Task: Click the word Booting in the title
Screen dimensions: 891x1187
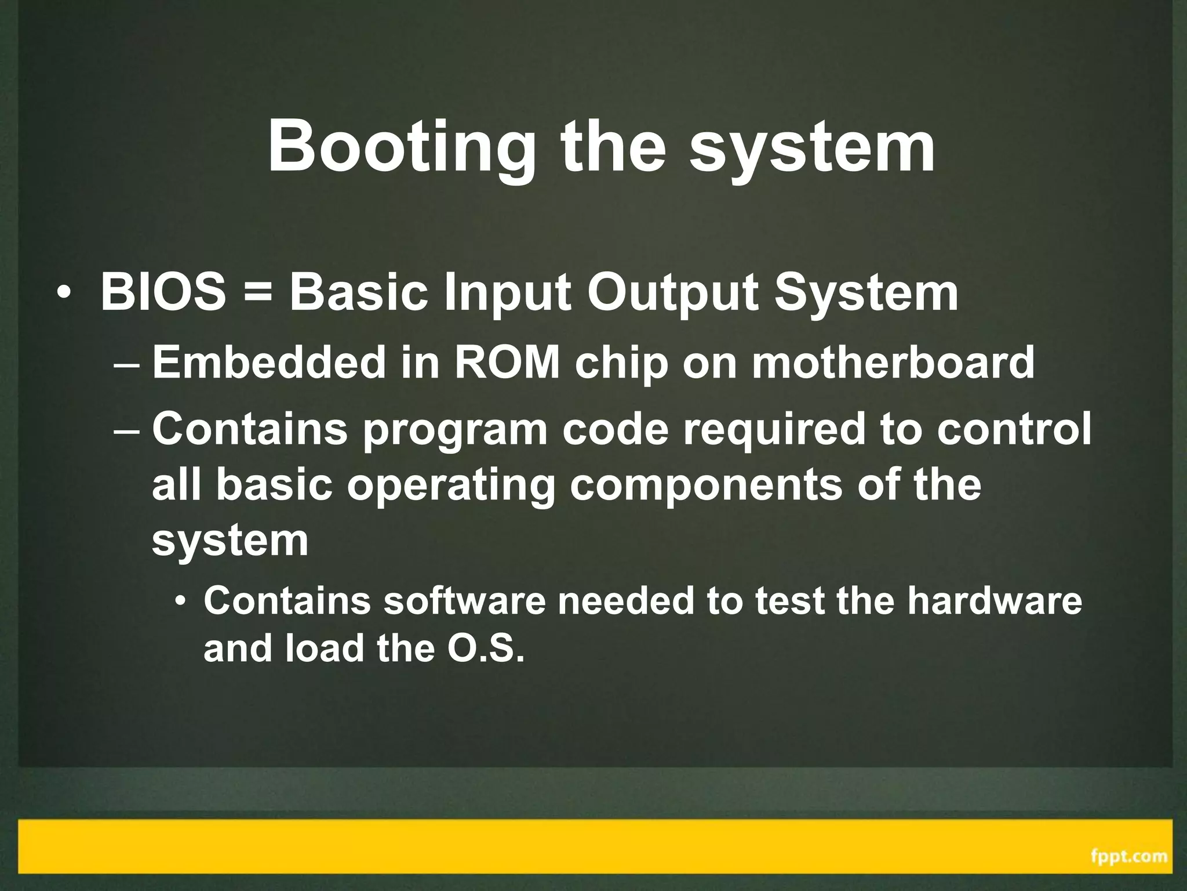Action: pos(401,146)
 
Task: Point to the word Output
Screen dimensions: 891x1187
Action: pos(672,293)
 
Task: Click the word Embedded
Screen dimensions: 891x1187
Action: pos(269,362)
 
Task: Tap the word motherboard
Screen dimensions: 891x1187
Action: pos(893,362)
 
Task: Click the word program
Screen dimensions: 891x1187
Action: pos(455,431)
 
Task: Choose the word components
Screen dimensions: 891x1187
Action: pos(706,486)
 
